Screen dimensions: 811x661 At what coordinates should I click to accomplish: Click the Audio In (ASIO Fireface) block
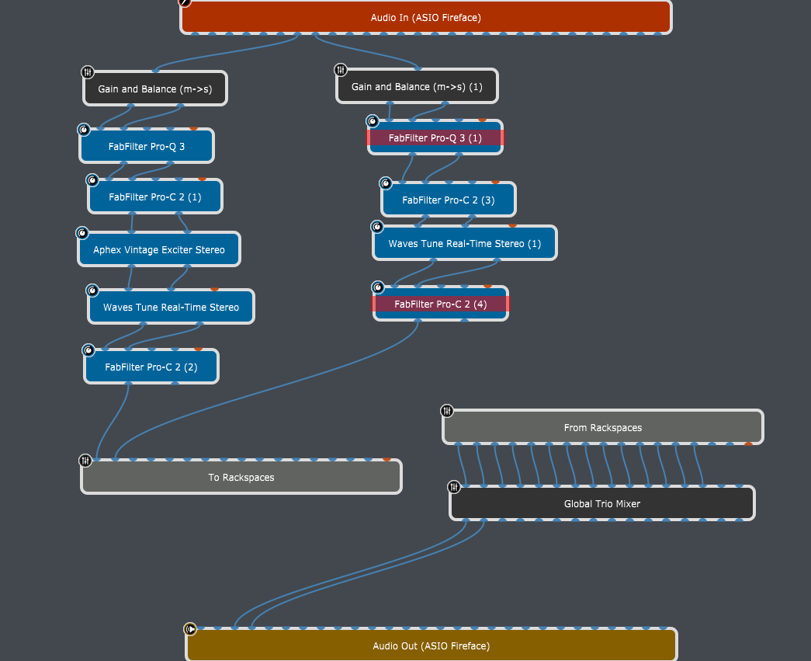pyautogui.click(x=425, y=17)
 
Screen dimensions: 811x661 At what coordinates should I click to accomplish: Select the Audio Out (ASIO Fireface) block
pyautogui.click(x=431, y=645)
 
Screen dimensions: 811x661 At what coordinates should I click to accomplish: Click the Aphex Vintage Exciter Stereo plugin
pyautogui.click(x=159, y=249)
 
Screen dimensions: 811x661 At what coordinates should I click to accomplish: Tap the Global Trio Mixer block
pyautogui.click(x=602, y=503)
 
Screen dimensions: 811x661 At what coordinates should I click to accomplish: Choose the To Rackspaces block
pyautogui.click(x=241, y=477)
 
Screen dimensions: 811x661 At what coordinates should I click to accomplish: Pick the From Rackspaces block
pyautogui.click(x=602, y=427)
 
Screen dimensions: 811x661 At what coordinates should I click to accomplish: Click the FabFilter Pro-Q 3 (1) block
pyautogui.click(x=435, y=137)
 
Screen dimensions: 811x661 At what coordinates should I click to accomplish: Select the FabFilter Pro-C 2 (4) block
pyautogui.click(x=441, y=304)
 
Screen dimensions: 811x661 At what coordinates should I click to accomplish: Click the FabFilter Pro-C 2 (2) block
pyautogui.click(x=151, y=367)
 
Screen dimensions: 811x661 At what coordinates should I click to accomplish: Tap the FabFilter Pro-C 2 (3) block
pyautogui.click(x=449, y=200)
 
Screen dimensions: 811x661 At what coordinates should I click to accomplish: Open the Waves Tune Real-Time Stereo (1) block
pyautogui.click(x=464, y=243)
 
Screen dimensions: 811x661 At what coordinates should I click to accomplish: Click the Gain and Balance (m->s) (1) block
pyautogui.click(x=417, y=86)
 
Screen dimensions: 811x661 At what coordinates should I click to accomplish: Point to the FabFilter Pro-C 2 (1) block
pyautogui.click(x=155, y=197)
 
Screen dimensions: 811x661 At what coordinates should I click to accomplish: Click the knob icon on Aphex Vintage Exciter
pyautogui.click(x=82, y=233)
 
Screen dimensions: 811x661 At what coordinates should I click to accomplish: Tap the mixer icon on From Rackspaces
pyautogui.click(x=447, y=411)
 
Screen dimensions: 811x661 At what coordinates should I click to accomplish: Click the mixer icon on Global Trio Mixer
pyautogui.click(x=453, y=487)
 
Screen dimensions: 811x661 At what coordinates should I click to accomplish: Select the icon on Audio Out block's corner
pyautogui.click(x=190, y=629)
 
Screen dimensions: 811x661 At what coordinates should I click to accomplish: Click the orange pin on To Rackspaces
pyautogui.click(x=386, y=459)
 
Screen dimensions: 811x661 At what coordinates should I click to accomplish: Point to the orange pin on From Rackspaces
pyautogui.click(x=748, y=444)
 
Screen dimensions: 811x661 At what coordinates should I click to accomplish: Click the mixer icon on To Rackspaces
pyautogui.click(x=85, y=460)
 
